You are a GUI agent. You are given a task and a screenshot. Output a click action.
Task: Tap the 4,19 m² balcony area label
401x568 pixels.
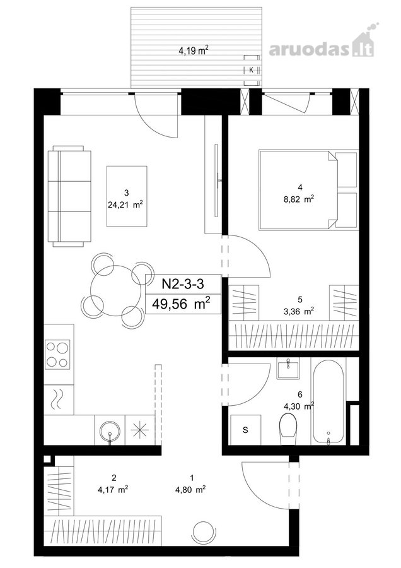[194, 50]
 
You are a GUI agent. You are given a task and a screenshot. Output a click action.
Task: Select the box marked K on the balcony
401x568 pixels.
[252, 70]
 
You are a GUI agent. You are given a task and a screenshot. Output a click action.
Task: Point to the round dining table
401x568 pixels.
[116, 290]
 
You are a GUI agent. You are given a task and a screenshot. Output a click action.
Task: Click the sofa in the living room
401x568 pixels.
[69, 196]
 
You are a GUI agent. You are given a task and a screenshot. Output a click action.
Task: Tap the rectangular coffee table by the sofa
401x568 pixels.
[127, 196]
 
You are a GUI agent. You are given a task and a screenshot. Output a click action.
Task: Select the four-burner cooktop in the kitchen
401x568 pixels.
[57, 354]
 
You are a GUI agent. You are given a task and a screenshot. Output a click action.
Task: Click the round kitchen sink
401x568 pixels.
[110, 431]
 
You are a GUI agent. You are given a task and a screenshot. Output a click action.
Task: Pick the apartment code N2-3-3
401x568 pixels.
[183, 284]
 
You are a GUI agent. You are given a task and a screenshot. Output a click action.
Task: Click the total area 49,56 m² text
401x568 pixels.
[182, 304]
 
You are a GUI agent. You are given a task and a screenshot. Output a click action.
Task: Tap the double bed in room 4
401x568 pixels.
[298, 190]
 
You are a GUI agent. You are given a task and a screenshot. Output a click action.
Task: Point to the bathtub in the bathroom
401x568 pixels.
[328, 401]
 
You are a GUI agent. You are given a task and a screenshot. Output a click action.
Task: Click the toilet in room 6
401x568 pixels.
[288, 429]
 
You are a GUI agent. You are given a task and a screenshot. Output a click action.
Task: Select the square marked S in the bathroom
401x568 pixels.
[246, 430]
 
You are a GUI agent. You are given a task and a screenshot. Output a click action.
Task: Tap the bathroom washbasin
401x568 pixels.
[288, 369]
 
